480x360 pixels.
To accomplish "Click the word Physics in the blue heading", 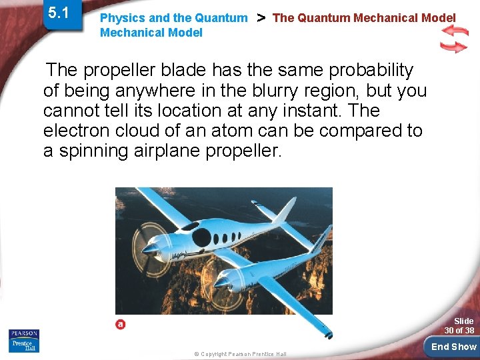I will [x=120, y=18].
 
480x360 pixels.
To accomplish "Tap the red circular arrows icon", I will [x=454, y=39].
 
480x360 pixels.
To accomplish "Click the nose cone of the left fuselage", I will [x=149, y=249].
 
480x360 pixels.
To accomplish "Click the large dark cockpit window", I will [x=201, y=237].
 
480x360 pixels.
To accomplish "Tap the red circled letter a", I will [x=121, y=324].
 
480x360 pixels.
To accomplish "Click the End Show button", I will [x=453, y=347].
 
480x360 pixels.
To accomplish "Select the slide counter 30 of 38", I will [x=459, y=326].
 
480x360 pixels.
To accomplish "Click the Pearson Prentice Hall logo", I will [x=24, y=340].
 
